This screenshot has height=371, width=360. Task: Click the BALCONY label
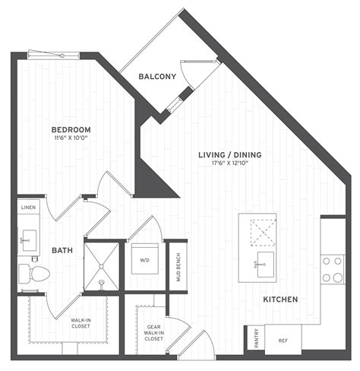(157, 76)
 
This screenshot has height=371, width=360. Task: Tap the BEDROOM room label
(71, 130)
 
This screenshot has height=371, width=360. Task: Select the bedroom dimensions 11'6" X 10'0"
(71, 138)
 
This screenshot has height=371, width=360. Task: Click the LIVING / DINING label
(230, 154)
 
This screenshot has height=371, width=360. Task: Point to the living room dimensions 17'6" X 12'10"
(229, 163)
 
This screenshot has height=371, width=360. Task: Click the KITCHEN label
(280, 300)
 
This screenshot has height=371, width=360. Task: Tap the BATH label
(62, 250)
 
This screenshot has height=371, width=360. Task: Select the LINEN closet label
(28, 208)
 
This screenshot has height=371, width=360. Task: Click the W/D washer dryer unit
(145, 258)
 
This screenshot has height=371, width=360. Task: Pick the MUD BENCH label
(178, 267)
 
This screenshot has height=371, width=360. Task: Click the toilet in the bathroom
(34, 274)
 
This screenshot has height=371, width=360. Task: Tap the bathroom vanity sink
(29, 240)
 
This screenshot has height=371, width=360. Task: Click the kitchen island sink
(265, 265)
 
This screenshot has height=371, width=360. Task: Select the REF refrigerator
(283, 340)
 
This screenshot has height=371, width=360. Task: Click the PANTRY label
(257, 338)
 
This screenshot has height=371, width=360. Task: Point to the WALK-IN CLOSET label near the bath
(81, 323)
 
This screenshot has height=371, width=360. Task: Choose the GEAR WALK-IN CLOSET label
(153, 333)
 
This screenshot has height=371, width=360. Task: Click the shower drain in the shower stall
(102, 266)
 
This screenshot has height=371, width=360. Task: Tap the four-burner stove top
(333, 269)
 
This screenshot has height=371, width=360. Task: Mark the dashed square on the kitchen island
(264, 233)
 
